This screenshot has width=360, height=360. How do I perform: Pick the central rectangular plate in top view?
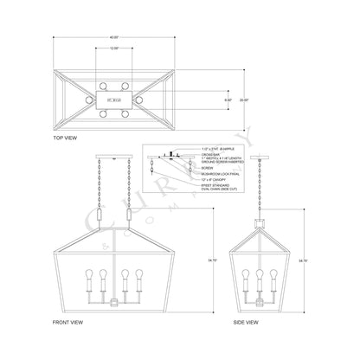pos(112,100)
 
